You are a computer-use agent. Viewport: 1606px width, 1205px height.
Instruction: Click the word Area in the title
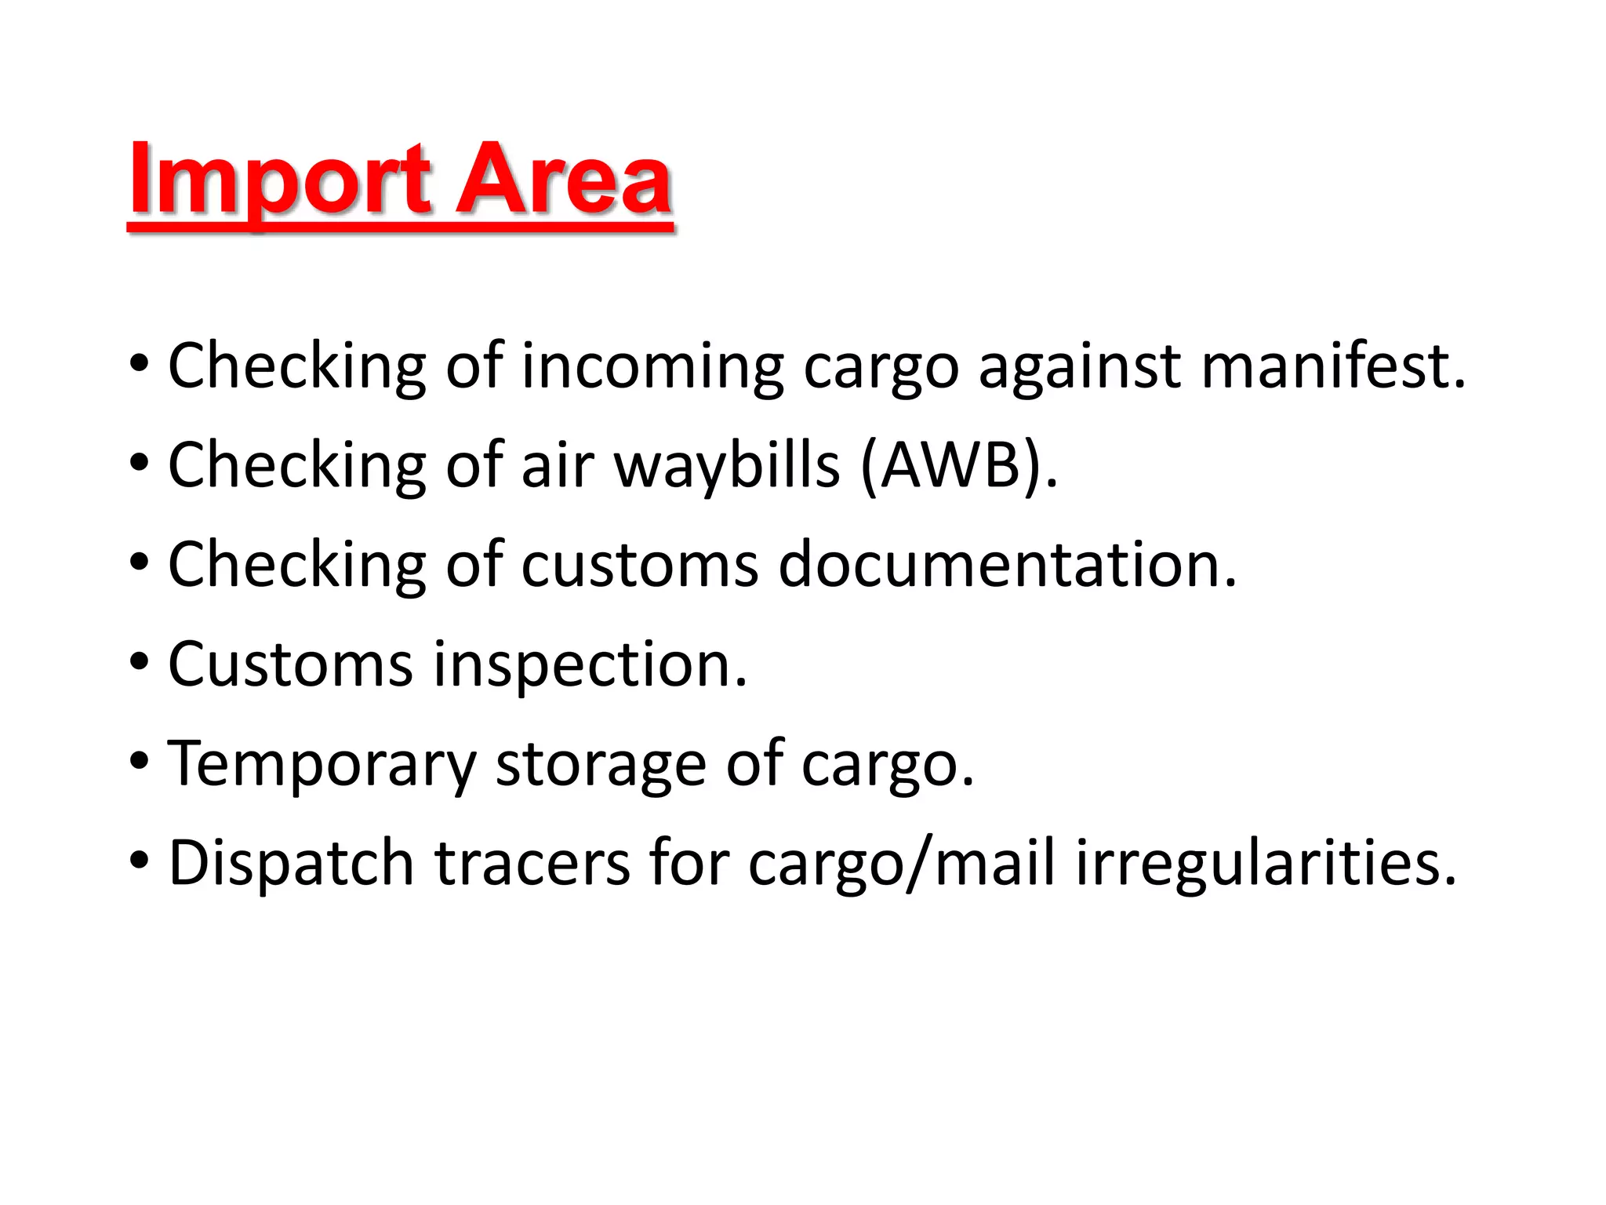click(x=563, y=180)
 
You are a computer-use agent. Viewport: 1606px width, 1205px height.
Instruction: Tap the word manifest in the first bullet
click(x=1332, y=366)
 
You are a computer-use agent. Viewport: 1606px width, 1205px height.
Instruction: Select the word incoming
click(x=652, y=367)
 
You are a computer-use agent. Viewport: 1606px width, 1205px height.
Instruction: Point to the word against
click(x=1079, y=367)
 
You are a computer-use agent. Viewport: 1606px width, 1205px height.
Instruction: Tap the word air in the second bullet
click(x=558, y=465)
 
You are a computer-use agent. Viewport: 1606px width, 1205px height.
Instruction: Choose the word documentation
click(x=1007, y=565)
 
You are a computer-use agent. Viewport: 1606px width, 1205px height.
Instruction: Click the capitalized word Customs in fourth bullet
click(x=290, y=664)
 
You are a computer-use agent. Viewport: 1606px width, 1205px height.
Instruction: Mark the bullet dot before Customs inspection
click(x=139, y=664)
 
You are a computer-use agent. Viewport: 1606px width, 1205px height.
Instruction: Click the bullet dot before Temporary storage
click(x=139, y=763)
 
